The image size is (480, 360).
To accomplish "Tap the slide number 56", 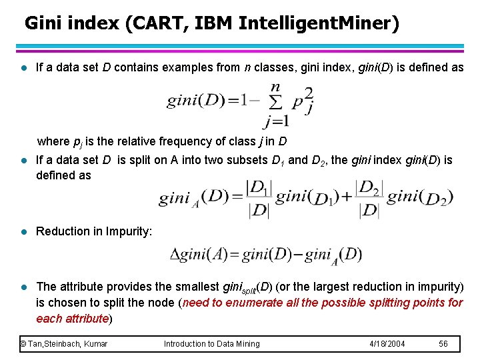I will [x=443, y=344].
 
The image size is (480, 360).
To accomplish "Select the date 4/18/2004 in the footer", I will [x=387, y=344].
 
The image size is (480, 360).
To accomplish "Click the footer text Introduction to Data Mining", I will [x=212, y=344].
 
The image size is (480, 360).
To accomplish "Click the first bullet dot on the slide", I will [x=23, y=67].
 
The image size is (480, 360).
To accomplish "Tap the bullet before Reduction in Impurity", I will [x=23, y=231].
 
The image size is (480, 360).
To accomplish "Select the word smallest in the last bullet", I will [x=197, y=287].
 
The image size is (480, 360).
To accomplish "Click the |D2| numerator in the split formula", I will [x=369, y=187].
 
